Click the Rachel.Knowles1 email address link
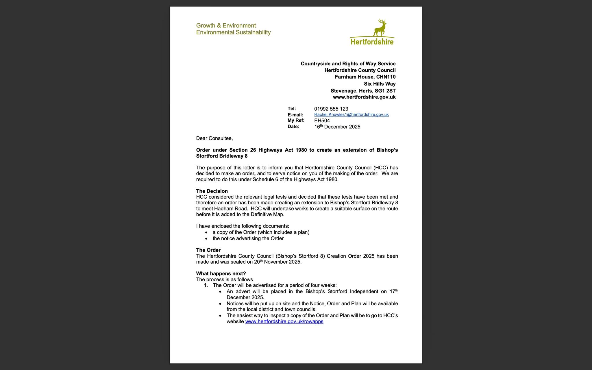(x=351, y=114)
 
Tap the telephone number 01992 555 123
(x=331, y=109)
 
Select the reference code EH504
(x=322, y=121)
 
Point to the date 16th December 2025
(x=337, y=127)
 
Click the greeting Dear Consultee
(x=214, y=138)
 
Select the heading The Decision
(x=212, y=191)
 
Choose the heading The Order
(x=208, y=250)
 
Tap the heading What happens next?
(x=221, y=273)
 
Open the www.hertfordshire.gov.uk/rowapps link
(x=284, y=321)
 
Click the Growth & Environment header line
(x=226, y=25)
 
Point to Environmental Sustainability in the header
(x=233, y=32)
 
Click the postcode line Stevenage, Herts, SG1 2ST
(x=363, y=91)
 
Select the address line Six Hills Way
(x=380, y=84)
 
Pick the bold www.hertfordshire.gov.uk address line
(x=364, y=97)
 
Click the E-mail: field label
(x=295, y=115)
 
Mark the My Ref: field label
(x=296, y=121)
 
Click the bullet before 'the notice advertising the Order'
(x=206, y=239)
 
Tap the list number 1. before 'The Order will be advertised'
(x=206, y=285)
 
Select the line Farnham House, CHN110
(x=365, y=77)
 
